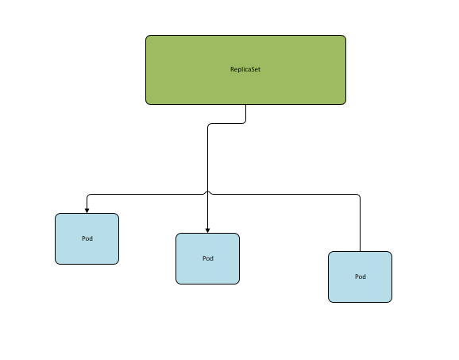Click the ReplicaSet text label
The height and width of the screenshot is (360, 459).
tap(245, 69)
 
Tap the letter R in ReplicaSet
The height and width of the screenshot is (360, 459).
tap(232, 69)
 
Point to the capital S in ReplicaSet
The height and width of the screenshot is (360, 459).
tap(252, 69)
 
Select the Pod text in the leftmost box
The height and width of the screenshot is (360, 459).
tap(87, 238)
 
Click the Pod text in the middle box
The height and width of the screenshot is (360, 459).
tap(208, 258)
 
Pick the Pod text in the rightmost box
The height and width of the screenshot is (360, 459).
tap(361, 277)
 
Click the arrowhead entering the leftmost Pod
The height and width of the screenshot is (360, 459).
tap(87, 211)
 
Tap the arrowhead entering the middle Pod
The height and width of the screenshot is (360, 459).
tap(207, 230)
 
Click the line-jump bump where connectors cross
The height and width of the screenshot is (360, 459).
tap(207, 192)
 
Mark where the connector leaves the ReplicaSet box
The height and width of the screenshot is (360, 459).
tap(245, 105)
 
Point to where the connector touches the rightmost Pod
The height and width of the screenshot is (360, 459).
tap(360, 251)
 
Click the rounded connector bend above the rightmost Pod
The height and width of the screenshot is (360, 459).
tap(358, 195)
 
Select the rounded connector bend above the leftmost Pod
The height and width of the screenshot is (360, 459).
tap(89, 195)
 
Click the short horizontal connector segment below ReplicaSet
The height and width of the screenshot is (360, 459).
tap(226, 124)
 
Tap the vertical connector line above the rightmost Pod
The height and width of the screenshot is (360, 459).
tap(360, 225)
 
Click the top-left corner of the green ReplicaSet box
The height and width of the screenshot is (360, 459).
tap(146, 36)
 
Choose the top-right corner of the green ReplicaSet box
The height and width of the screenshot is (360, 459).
tap(345, 36)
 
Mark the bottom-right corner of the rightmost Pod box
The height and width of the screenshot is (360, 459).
tap(391, 302)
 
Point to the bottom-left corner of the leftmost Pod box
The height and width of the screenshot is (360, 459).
tap(56, 264)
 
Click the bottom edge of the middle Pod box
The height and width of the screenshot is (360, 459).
tap(207, 284)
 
